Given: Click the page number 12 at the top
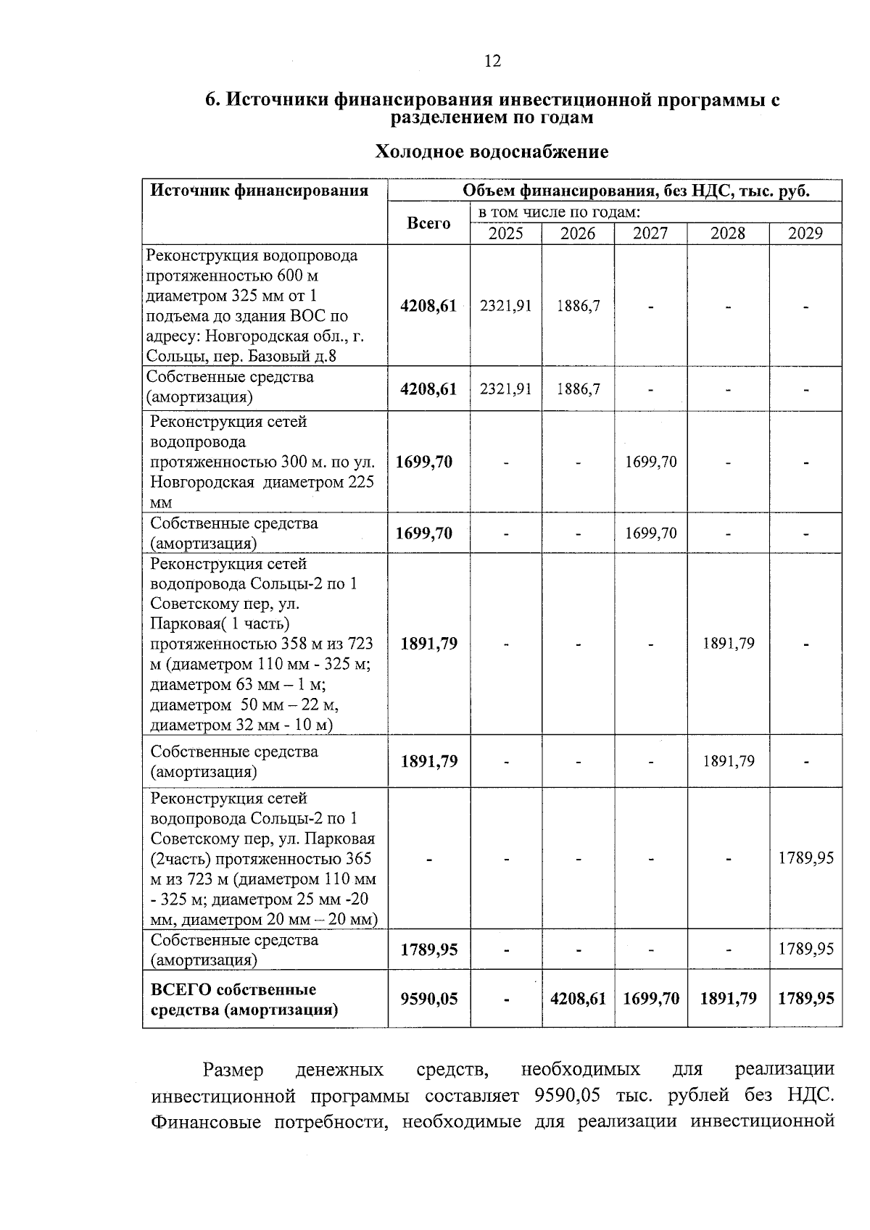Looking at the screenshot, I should point(492,62).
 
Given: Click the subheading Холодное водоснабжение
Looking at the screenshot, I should point(491,151).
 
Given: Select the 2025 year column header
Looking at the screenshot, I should point(505,233).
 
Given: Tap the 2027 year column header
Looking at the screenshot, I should point(650,233).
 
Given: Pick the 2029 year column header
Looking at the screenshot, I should point(805,233).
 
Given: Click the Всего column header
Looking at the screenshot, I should point(428,223).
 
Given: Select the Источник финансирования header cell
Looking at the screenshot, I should point(259,191).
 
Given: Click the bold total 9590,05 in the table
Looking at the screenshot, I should point(428,999).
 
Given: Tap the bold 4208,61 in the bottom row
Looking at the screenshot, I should point(578,999).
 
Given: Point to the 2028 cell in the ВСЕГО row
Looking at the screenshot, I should point(728,999).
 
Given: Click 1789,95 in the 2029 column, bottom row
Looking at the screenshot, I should point(805,999).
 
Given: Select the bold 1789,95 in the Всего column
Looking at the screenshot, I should point(428,949).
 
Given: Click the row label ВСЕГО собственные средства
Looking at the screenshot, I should point(244,1000).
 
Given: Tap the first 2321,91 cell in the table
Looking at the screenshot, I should point(505,306).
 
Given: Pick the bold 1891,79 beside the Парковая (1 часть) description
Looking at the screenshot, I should point(428,644).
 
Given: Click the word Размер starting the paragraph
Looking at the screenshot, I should point(233,1070).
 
